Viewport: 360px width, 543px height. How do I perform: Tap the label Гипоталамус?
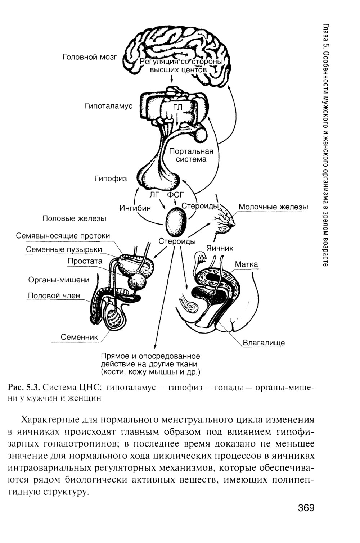point(108,106)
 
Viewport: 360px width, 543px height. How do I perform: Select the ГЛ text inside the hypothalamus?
point(178,107)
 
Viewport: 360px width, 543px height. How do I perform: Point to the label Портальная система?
point(191,155)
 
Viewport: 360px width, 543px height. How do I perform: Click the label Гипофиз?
point(111,178)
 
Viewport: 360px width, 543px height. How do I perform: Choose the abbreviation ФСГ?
point(175,195)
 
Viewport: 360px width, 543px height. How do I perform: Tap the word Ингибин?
point(135,208)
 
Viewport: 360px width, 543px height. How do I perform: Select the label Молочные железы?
point(273,207)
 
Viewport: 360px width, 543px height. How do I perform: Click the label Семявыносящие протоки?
point(63,236)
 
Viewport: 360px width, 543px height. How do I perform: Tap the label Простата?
point(85,261)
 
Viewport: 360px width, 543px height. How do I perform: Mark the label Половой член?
point(54,295)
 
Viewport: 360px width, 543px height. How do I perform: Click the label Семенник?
point(79,337)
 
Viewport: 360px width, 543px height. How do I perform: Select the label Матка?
point(247,264)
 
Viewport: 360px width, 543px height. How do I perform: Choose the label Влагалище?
point(264,343)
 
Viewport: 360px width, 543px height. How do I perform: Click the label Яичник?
point(220,248)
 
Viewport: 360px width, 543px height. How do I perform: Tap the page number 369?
point(306,508)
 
